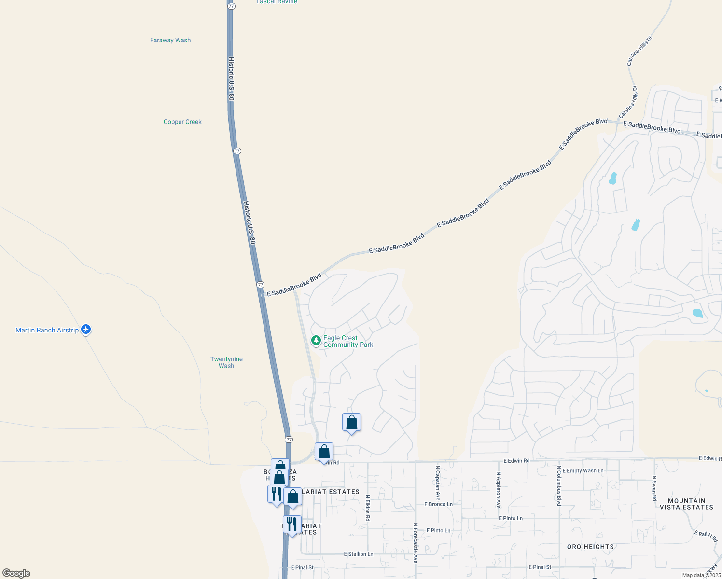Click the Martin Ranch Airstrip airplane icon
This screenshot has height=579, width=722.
pyautogui.click(x=86, y=330)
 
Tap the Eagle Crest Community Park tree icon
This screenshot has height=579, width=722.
pyautogui.click(x=316, y=341)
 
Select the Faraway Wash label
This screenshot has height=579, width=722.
pyautogui.click(x=170, y=40)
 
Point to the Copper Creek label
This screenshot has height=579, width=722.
pyautogui.click(x=182, y=122)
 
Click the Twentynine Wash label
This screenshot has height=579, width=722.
pyautogui.click(x=226, y=362)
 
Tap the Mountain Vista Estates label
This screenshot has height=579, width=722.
pyautogui.click(x=686, y=504)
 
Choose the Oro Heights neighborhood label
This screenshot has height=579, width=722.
pyautogui.click(x=590, y=547)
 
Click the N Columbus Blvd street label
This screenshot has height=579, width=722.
pyautogui.click(x=559, y=485)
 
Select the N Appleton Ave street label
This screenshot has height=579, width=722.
pyautogui.click(x=499, y=490)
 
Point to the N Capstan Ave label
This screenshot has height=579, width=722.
pyautogui.click(x=438, y=482)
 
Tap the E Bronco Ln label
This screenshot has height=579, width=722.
pyautogui.click(x=438, y=504)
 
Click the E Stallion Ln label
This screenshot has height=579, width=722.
pyautogui.click(x=358, y=554)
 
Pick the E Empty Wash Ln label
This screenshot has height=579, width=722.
pyautogui.click(x=583, y=470)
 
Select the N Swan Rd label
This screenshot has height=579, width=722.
pyautogui.click(x=654, y=488)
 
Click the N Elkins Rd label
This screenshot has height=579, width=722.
pyautogui.click(x=368, y=508)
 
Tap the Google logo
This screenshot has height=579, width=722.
pyautogui.click(x=16, y=573)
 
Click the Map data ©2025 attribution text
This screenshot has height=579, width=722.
pyautogui.click(x=701, y=575)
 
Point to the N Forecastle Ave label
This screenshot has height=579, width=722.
pyautogui.click(x=415, y=543)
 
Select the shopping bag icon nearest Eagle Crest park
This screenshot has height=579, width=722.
pyautogui.click(x=351, y=423)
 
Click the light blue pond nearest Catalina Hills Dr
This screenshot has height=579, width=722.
pyautogui.click(x=613, y=179)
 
